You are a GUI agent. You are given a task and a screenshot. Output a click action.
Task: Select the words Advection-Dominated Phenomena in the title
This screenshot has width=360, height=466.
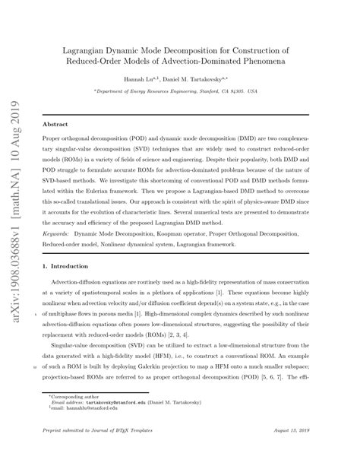pyautogui.click(x=253, y=59)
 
